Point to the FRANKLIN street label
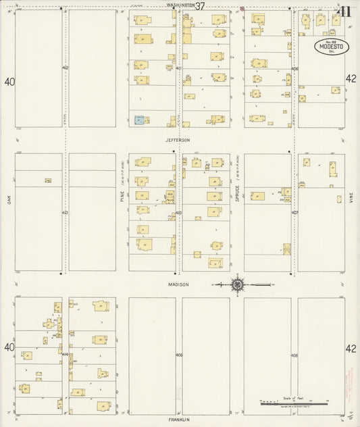tap(179, 419)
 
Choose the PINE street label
tap(122, 197)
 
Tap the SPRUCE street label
tap(237, 197)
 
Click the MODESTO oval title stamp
tap(331, 47)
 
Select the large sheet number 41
tap(343, 11)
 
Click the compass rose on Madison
tap(238, 284)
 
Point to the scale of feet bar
tap(294, 403)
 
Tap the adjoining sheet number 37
tap(201, 5)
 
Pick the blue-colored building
tap(139, 120)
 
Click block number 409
tap(179, 354)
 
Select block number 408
tap(294, 354)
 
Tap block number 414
tap(65, 354)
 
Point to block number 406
tap(295, 68)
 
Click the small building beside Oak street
tap(49, 180)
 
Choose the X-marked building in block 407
tap(286, 249)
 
